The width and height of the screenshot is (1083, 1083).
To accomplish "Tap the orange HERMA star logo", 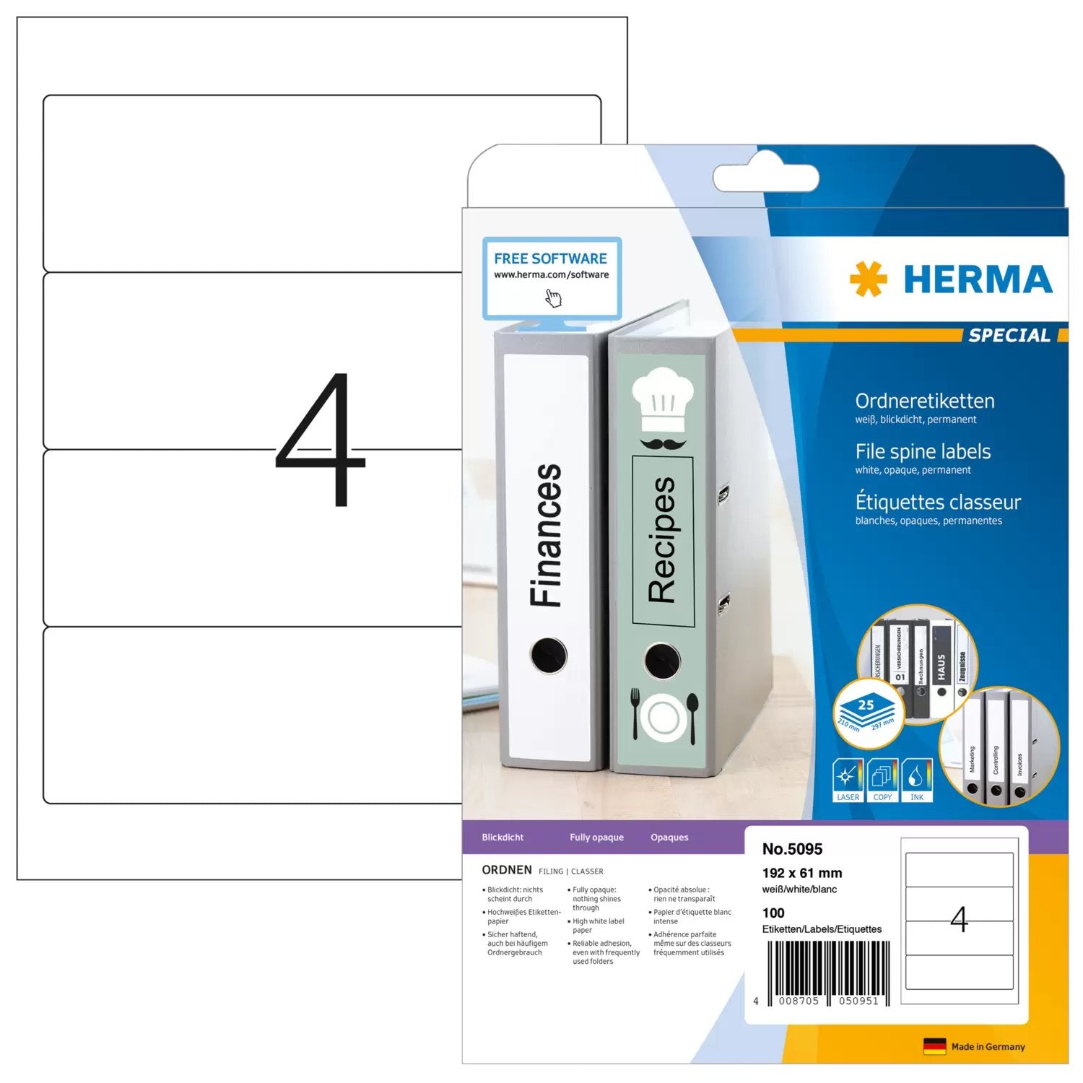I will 868,279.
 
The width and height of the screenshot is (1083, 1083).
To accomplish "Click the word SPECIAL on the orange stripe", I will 1009,335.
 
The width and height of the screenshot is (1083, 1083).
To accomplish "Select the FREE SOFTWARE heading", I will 550,258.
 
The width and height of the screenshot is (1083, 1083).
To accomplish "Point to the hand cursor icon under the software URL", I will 553,297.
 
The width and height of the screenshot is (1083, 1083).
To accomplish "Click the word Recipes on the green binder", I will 662,539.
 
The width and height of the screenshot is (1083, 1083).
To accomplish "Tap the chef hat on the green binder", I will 662,400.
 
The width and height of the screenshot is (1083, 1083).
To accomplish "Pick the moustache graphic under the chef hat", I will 663,443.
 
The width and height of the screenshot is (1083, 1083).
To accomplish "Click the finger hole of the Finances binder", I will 549,655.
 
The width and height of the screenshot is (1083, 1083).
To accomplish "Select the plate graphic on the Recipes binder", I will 664,717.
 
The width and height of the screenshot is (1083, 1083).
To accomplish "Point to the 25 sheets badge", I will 866,711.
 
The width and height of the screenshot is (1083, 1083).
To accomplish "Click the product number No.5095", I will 792,849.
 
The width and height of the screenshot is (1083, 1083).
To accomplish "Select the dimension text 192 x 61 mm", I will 801,873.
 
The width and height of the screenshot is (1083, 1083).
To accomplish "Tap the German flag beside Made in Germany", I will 934,1046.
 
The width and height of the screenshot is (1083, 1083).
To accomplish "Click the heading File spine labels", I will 923,452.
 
